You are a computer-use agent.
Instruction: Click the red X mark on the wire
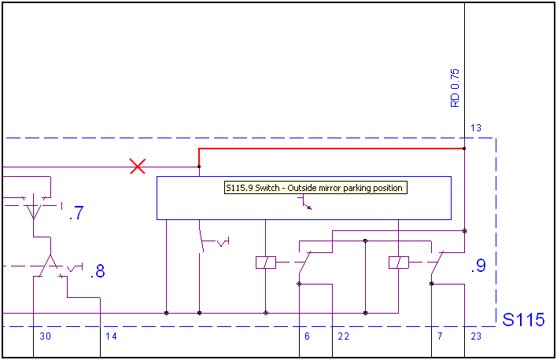(138, 166)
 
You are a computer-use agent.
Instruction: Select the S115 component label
(523, 320)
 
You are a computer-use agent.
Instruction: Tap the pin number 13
(475, 128)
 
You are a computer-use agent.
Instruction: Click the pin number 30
(45, 336)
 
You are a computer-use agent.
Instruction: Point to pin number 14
(111, 336)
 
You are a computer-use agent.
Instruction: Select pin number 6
(307, 336)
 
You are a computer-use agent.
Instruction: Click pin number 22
(343, 336)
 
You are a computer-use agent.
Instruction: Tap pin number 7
(439, 336)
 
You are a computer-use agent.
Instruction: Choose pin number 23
(476, 336)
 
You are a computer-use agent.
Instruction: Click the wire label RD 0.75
(455, 88)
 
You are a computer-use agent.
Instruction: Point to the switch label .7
(76, 213)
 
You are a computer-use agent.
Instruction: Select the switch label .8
(98, 272)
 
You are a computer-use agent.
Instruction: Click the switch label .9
(478, 266)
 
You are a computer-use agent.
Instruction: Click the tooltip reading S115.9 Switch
(314, 188)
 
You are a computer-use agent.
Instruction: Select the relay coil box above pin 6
(266, 263)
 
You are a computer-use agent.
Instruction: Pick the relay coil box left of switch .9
(399, 263)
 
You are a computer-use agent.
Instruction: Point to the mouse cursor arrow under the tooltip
(307, 206)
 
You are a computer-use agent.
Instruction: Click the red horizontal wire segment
(330, 148)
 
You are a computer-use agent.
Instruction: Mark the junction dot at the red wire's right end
(464, 148)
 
